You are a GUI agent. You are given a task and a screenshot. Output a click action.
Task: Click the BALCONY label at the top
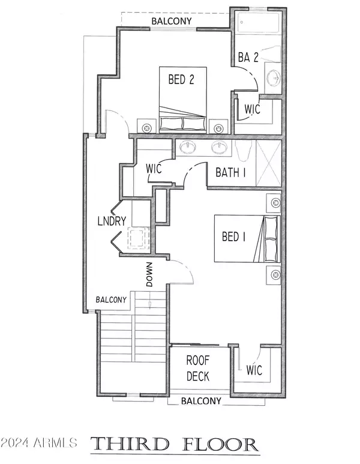172,21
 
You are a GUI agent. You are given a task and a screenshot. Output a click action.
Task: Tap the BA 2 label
247,58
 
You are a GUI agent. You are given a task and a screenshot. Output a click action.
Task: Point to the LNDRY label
112,221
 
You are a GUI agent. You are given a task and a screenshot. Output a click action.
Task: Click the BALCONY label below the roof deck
201,400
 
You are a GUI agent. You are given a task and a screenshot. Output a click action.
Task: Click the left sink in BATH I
187,147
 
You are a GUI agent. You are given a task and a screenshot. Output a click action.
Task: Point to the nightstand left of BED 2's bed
147,127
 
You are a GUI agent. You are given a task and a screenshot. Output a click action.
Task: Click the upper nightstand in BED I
274,202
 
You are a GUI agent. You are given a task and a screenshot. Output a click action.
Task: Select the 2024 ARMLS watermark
38,443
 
